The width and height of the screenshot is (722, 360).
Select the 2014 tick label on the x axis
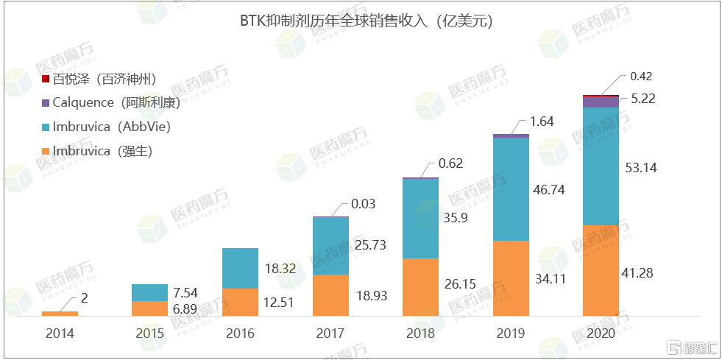coord(60,333)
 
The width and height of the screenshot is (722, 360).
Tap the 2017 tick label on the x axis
coord(330,333)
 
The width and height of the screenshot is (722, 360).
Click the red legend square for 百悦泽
coord(46,79)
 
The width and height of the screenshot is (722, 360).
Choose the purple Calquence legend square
coord(46,102)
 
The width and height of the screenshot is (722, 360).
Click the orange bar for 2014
coord(60,314)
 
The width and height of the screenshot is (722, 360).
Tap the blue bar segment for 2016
coord(240,268)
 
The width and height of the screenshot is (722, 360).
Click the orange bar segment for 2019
coord(511,278)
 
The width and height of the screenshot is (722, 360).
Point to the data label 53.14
coord(640,168)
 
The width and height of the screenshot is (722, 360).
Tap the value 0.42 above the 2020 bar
coord(642,77)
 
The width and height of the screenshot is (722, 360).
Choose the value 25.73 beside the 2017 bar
coord(369,244)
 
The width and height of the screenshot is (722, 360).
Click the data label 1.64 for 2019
coord(542,121)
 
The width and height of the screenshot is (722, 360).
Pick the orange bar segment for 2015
coord(149,308)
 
